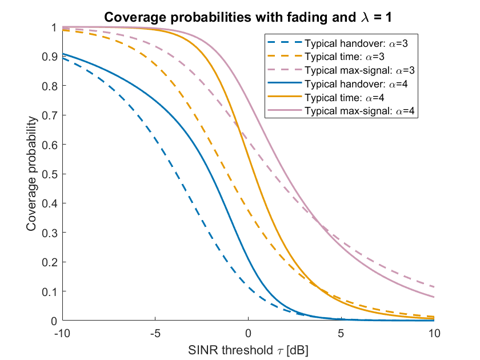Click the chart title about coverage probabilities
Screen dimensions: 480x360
pyautogui.click(x=247, y=17)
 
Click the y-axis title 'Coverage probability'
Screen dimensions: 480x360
pyautogui.click(x=31, y=174)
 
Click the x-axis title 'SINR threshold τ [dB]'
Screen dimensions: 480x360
pyautogui.click(x=248, y=350)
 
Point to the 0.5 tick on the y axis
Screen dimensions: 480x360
pyautogui.click(x=50, y=174)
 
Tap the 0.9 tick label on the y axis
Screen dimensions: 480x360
pyautogui.click(x=50, y=57)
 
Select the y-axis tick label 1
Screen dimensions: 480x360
pyautogui.click(x=54, y=27)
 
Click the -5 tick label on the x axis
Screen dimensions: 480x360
pyautogui.click(x=155, y=333)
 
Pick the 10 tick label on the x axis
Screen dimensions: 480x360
pyautogui.click(x=434, y=333)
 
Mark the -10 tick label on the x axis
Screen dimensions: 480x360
pyautogui.click(x=62, y=333)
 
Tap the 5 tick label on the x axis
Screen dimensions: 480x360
pyautogui.click(x=341, y=333)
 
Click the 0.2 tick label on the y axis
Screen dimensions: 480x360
pyautogui.click(x=50, y=262)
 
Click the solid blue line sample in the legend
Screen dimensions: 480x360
pyautogui.click(x=285, y=83)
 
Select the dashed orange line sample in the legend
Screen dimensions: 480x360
pyautogui.click(x=285, y=56)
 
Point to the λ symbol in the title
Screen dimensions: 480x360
pyautogui.click(x=365, y=18)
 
